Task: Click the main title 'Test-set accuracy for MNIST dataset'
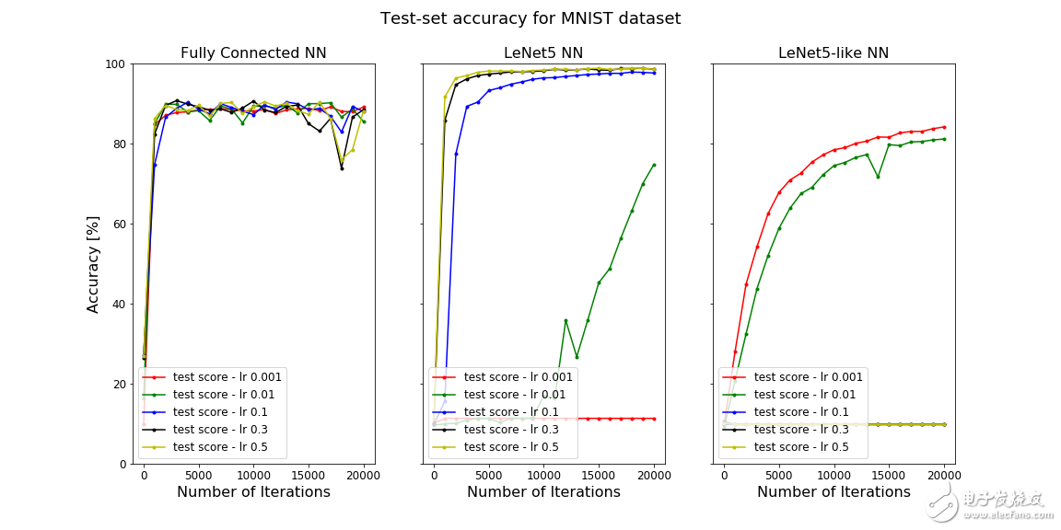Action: coord(530,18)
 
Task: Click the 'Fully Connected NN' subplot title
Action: coord(253,53)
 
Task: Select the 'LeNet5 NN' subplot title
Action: coord(543,53)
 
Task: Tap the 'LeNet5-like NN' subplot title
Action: coord(834,53)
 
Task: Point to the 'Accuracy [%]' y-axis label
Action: coord(94,264)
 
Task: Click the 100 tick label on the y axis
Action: coord(115,64)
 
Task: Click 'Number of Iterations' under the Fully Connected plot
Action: coord(253,492)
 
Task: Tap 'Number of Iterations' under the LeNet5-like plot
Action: coord(834,492)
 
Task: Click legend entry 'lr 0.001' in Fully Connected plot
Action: coord(227,376)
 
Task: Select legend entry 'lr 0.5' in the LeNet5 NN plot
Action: coord(511,447)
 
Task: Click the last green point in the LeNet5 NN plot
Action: coord(654,166)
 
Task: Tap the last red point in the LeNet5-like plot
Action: coord(944,127)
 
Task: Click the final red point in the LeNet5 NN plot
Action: coord(654,419)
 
